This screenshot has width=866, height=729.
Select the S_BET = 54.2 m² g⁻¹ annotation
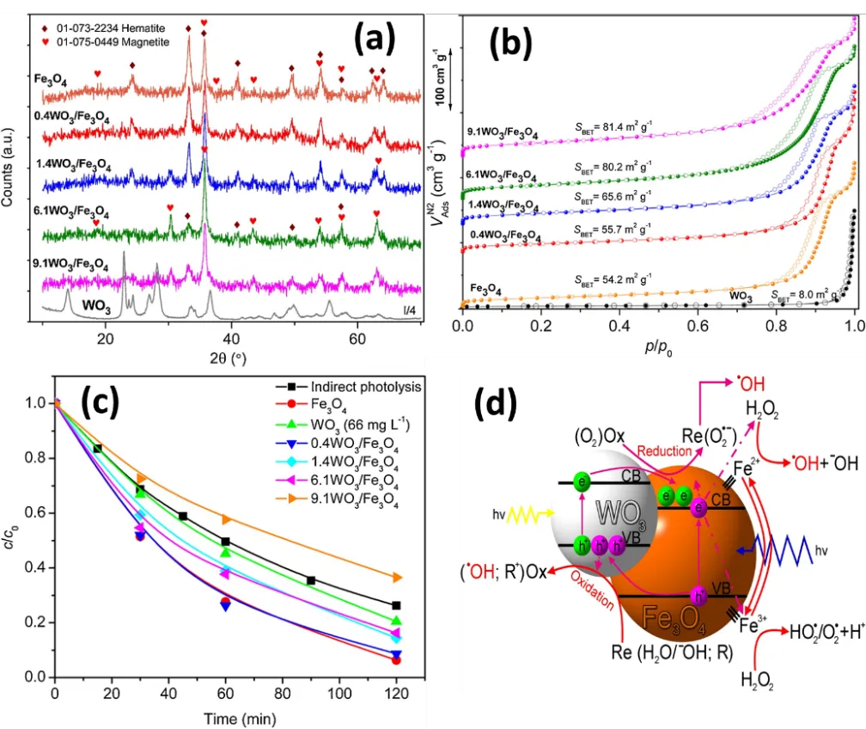click(x=610, y=279)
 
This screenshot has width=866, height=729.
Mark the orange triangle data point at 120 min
click(x=395, y=578)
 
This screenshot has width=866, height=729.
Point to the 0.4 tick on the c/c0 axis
click(x=34, y=566)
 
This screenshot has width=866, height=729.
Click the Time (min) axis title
click(x=228, y=718)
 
